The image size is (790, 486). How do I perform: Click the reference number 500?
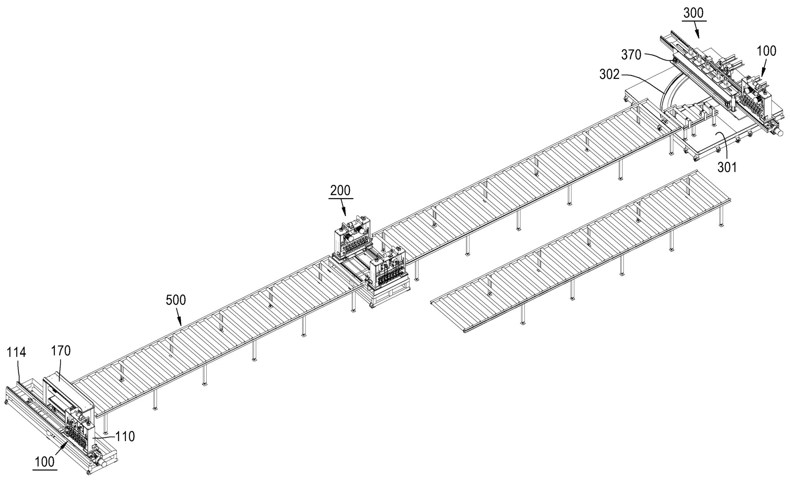pyautogui.click(x=176, y=300)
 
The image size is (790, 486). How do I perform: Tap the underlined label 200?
pyautogui.click(x=341, y=190)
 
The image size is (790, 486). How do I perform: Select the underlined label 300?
pyautogui.click(x=694, y=13)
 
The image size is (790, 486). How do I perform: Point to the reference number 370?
pyautogui.click(x=631, y=55)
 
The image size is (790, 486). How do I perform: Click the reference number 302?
pyautogui.click(x=609, y=75)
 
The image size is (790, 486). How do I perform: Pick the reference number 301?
pyautogui.click(x=727, y=167)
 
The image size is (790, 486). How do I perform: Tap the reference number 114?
pyautogui.click(x=16, y=352)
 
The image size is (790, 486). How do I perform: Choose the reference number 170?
pyautogui.click(x=61, y=351)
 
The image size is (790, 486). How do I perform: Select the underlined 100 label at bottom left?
pyautogui.click(x=45, y=462)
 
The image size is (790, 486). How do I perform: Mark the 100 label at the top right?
pyautogui.click(x=766, y=51)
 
